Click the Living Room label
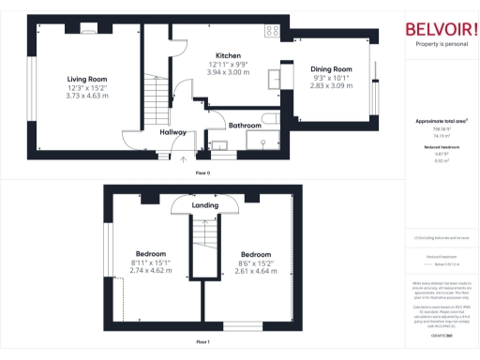click(86, 79)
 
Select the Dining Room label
click(330, 69)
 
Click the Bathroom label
click(244, 125)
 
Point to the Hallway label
click(172, 132)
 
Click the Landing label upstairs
click(204, 204)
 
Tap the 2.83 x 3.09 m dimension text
click(330, 85)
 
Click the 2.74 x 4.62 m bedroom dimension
click(151, 270)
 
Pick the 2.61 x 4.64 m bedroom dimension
click(255, 270)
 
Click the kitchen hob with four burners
click(273, 31)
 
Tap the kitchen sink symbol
click(276, 77)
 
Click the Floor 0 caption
click(202, 172)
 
